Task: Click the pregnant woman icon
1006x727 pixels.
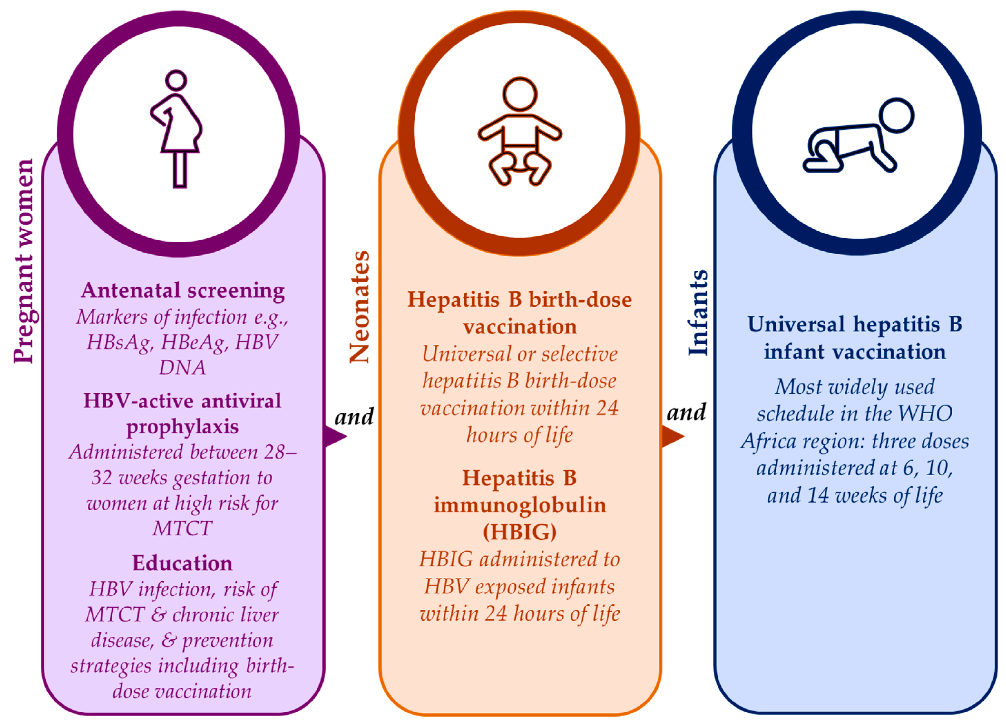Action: pyautogui.click(x=177, y=129)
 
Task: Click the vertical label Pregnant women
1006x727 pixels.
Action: pyautogui.click(x=23, y=262)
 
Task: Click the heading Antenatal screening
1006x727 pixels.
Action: pyautogui.click(x=183, y=291)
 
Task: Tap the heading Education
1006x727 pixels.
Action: pyautogui.click(x=182, y=563)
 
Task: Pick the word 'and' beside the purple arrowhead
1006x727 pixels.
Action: pyautogui.click(x=354, y=417)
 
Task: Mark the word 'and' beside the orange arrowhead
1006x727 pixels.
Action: pyautogui.click(x=686, y=412)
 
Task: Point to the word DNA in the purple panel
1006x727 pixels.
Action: pyautogui.click(x=182, y=367)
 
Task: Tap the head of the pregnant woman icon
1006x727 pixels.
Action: pyautogui.click(x=176, y=80)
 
